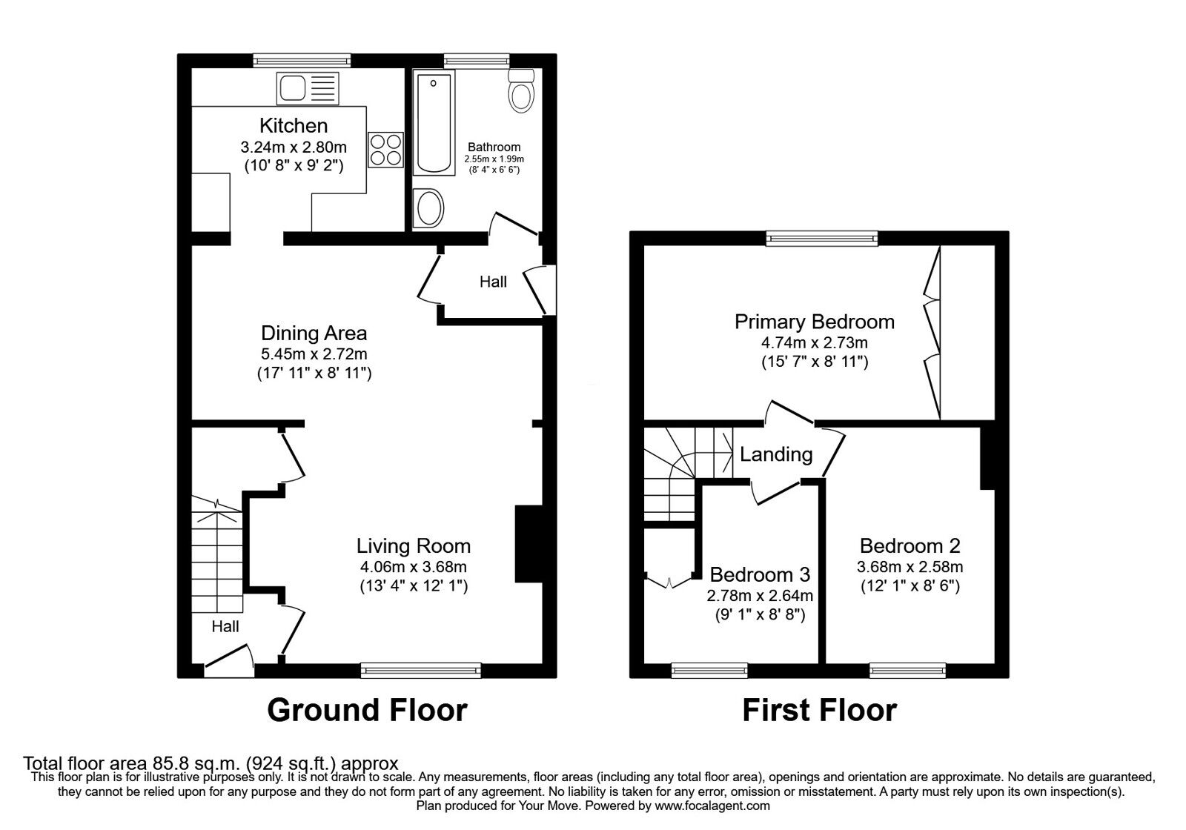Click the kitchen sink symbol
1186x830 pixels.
(308, 88)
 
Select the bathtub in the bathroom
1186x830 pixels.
(434, 124)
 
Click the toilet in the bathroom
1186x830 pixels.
(522, 92)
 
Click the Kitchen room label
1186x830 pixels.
(294, 125)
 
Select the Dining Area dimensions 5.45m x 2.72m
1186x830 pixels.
(314, 354)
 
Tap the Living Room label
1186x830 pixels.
(413, 546)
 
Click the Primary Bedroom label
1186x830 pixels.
(814, 322)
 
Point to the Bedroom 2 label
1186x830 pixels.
(910, 546)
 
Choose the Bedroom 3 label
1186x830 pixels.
(760, 574)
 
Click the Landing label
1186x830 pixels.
(776, 454)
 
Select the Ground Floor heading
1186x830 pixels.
(367, 710)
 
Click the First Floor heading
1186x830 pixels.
(819, 710)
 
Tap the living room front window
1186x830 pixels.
(420, 671)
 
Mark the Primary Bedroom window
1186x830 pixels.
(822, 238)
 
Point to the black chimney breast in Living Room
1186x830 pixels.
(529, 545)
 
